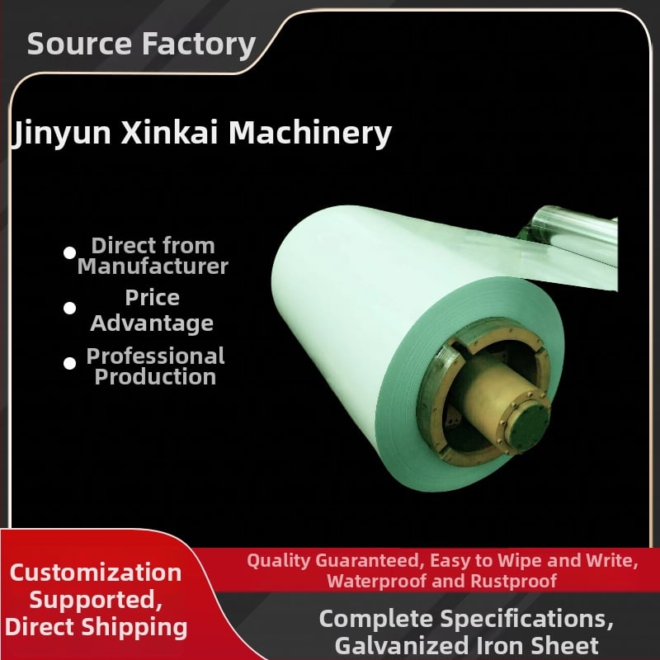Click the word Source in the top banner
pyautogui.click(x=79, y=44)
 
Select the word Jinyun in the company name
pyautogui.click(x=61, y=133)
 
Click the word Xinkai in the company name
pyautogui.click(x=170, y=132)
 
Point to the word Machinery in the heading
pyautogui.click(x=310, y=134)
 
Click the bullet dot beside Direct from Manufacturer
pyautogui.click(x=69, y=252)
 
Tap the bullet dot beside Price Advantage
pyautogui.click(x=69, y=308)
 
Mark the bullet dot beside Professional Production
pyautogui.click(x=69, y=363)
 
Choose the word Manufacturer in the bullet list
pyautogui.click(x=153, y=266)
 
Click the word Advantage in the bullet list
pyautogui.click(x=152, y=323)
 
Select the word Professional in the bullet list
pyautogui.click(x=155, y=356)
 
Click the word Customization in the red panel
pyautogui.click(x=96, y=573)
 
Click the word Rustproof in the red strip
pyautogui.click(x=513, y=582)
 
